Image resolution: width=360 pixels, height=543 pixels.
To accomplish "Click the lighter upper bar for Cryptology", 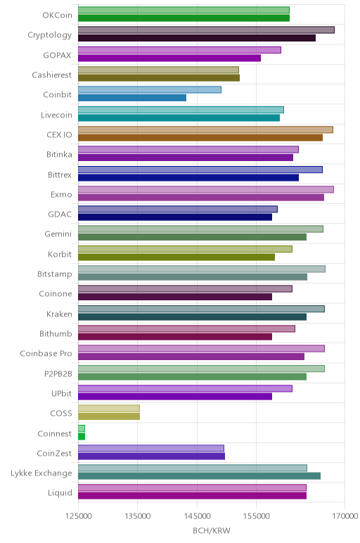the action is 206,30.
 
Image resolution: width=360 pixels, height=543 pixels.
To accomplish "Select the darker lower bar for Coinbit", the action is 132,98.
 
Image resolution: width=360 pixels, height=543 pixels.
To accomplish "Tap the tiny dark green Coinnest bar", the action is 82,436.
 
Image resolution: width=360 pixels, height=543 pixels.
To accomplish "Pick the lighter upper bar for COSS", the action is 109,408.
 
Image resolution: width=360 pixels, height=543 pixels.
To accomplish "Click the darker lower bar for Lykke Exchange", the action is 200,475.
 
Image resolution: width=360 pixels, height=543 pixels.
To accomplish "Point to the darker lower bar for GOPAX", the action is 169,58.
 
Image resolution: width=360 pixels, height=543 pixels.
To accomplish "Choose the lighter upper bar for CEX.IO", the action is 205,130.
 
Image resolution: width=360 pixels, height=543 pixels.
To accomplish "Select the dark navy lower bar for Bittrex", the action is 188,178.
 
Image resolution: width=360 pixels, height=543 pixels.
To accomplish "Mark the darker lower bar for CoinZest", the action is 152,456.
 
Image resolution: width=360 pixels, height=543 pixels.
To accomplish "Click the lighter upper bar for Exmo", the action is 206,189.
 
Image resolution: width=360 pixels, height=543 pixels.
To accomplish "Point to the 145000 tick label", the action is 197,516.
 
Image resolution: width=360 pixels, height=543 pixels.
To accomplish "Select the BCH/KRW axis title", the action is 212,530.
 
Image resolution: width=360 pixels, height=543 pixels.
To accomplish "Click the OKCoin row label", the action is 58,15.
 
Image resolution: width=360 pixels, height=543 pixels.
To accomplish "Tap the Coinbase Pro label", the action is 46,354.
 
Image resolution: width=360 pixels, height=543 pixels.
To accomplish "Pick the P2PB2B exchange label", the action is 58,373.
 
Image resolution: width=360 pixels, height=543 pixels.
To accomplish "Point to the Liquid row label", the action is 60,493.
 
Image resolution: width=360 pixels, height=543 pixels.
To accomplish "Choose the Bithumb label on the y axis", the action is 56,334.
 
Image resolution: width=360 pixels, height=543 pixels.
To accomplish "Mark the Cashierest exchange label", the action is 52,75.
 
